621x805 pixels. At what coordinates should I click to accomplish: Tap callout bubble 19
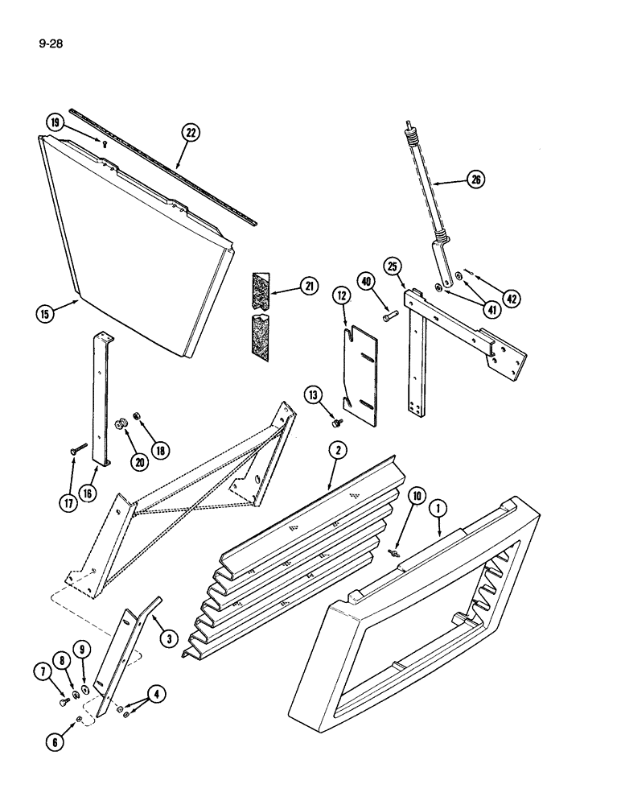pyautogui.click(x=54, y=123)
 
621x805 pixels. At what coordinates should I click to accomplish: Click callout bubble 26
pyautogui.click(x=475, y=180)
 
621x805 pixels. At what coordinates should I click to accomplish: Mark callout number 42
pyautogui.click(x=512, y=298)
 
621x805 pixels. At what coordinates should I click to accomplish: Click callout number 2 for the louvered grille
pyautogui.click(x=338, y=452)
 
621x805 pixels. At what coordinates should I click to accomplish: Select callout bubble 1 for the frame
pyautogui.click(x=438, y=509)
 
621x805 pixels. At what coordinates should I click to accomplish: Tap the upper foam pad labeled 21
pyautogui.click(x=261, y=287)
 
